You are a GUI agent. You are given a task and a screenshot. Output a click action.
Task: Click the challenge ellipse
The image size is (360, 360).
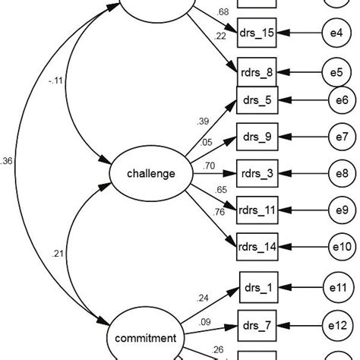(x=151, y=174)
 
